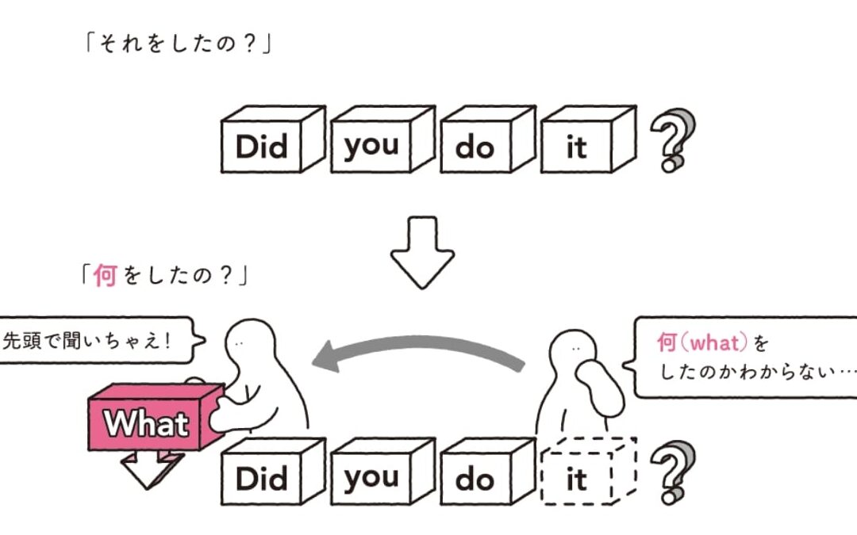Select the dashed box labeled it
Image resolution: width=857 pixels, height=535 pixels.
[577, 478]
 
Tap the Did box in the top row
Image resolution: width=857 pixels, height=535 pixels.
[261, 147]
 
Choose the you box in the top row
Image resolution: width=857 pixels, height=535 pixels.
[371, 147]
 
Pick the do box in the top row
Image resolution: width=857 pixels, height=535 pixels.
[475, 147]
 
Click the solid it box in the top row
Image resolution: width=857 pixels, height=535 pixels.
[577, 147]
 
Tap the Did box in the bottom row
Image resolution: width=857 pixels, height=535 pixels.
[261, 478]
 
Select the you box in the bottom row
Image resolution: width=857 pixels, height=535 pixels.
[371, 478]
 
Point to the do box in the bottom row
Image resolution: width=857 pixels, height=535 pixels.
[475, 478]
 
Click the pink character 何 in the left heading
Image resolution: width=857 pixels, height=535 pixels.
[105, 277]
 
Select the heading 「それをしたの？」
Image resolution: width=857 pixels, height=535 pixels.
[178, 44]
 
